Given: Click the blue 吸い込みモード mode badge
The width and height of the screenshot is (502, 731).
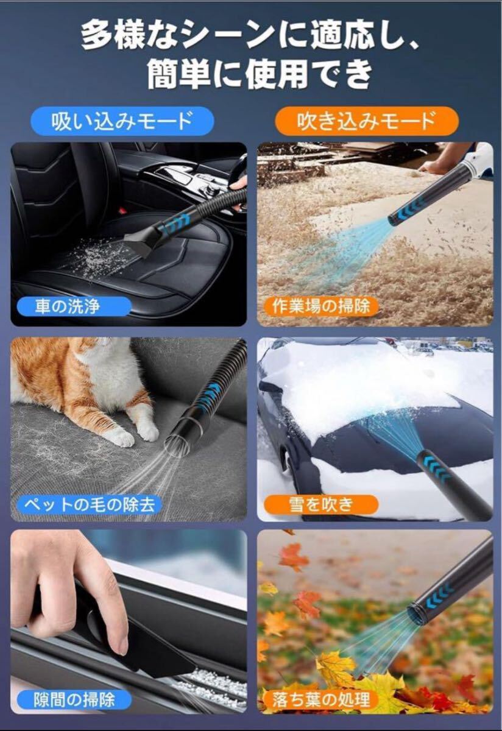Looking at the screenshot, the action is pyautogui.click(x=122, y=121).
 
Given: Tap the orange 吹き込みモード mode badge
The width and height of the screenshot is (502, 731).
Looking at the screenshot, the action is pyautogui.click(x=367, y=121).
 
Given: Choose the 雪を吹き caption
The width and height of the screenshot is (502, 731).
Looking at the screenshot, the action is pyautogui.click(x=321, y=504).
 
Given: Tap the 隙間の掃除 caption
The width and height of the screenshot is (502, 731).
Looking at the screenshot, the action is pyautogui.click(x=74, y=700).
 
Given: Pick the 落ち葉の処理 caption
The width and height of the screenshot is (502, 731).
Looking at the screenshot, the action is pyautogui.click(x=321, y=700).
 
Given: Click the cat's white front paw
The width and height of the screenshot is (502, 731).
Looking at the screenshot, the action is pyautogui.click(x=147, y=431).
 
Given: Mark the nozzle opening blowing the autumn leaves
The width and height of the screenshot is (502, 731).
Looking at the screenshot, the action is pyautogui.click(x=414, y=606).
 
